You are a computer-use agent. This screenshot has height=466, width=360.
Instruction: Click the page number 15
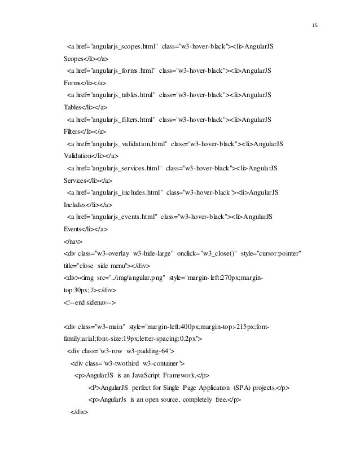click(314, 25)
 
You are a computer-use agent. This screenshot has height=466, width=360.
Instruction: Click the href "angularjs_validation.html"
click(126, 144)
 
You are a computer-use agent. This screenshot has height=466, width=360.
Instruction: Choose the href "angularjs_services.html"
click(124, 169)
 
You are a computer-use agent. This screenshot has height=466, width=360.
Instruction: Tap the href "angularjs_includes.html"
click(124, 193)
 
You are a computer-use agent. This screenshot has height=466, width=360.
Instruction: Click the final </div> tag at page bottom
click(77, 413)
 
